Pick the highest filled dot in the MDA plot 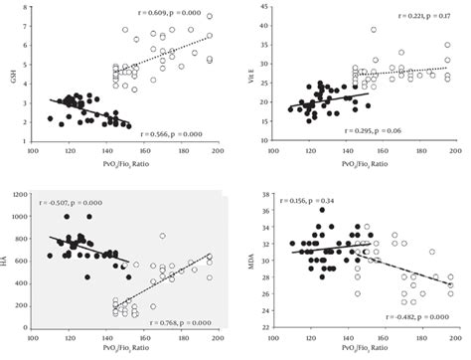point(322,210)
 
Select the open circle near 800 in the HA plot point(162,236)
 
